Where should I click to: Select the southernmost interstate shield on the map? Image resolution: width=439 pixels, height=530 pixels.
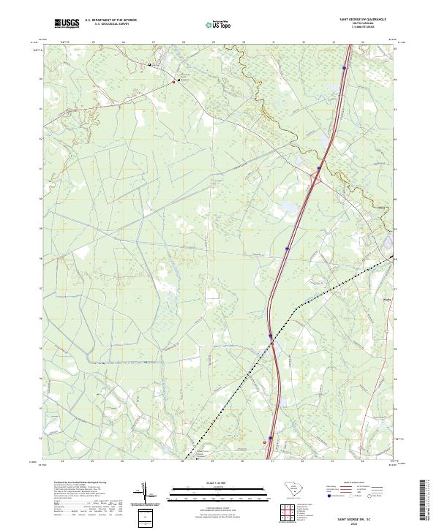click(270, 439)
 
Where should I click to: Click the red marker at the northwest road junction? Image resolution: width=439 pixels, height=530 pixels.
click(173, 81)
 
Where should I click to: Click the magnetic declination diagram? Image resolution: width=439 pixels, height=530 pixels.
click(146, 495)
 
